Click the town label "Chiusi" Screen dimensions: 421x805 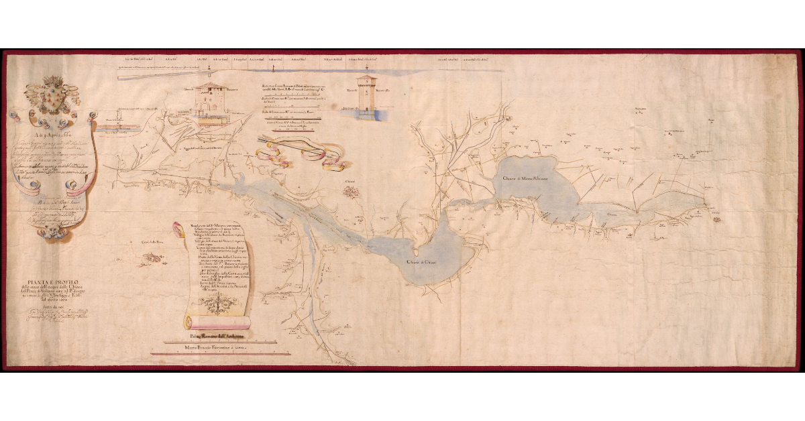(x=350, y=181)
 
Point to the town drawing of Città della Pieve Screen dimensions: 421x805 (x=154, y=256)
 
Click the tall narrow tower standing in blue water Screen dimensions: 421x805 (x=367, y=93)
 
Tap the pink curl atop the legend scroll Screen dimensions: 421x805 (x=178, y=229)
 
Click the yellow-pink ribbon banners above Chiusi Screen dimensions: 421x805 (x=302, y=150)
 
